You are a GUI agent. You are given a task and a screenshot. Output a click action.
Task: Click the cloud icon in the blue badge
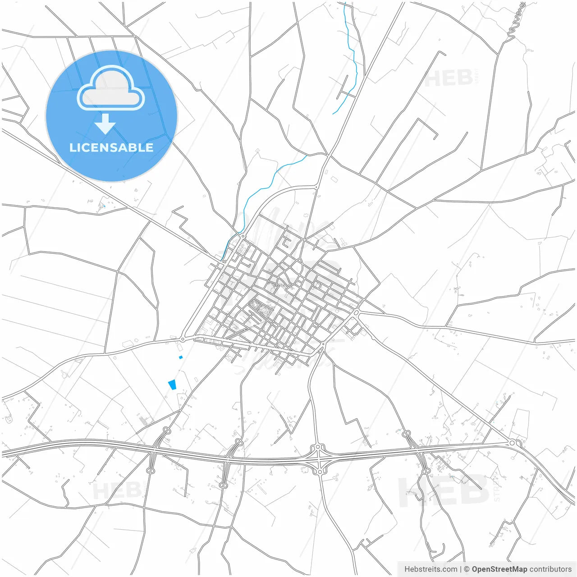(111, 88)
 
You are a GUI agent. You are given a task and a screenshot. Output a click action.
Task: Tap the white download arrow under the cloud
(105, 124)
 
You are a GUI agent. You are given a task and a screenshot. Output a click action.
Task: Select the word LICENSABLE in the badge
(111, 147)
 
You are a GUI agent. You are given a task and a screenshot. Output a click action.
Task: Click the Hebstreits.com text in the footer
(430, 569)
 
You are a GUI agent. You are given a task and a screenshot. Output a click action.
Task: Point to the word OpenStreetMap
(499, 569)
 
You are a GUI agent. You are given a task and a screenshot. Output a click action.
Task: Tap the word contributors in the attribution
(550, 569)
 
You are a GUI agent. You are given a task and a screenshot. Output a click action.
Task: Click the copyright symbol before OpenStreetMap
(467, 569)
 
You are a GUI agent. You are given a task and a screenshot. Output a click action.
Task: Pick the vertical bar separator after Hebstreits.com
(461, 569)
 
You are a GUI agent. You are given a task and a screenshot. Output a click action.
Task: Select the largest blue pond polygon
(172, 385)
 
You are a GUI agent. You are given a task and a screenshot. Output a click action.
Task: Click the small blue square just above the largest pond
(181, 357)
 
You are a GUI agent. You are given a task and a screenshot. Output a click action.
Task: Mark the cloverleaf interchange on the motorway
(319, 459)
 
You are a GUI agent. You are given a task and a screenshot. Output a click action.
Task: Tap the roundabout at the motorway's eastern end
(513, 443)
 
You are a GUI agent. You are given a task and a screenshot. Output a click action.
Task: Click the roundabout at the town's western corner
(183, 339)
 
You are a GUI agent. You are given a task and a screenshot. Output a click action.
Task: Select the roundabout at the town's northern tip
(243, 236)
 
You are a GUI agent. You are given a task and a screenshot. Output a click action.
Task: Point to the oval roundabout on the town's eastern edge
(356, 312)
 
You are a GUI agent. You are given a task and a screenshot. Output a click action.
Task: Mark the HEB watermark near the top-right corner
(449, 78)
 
